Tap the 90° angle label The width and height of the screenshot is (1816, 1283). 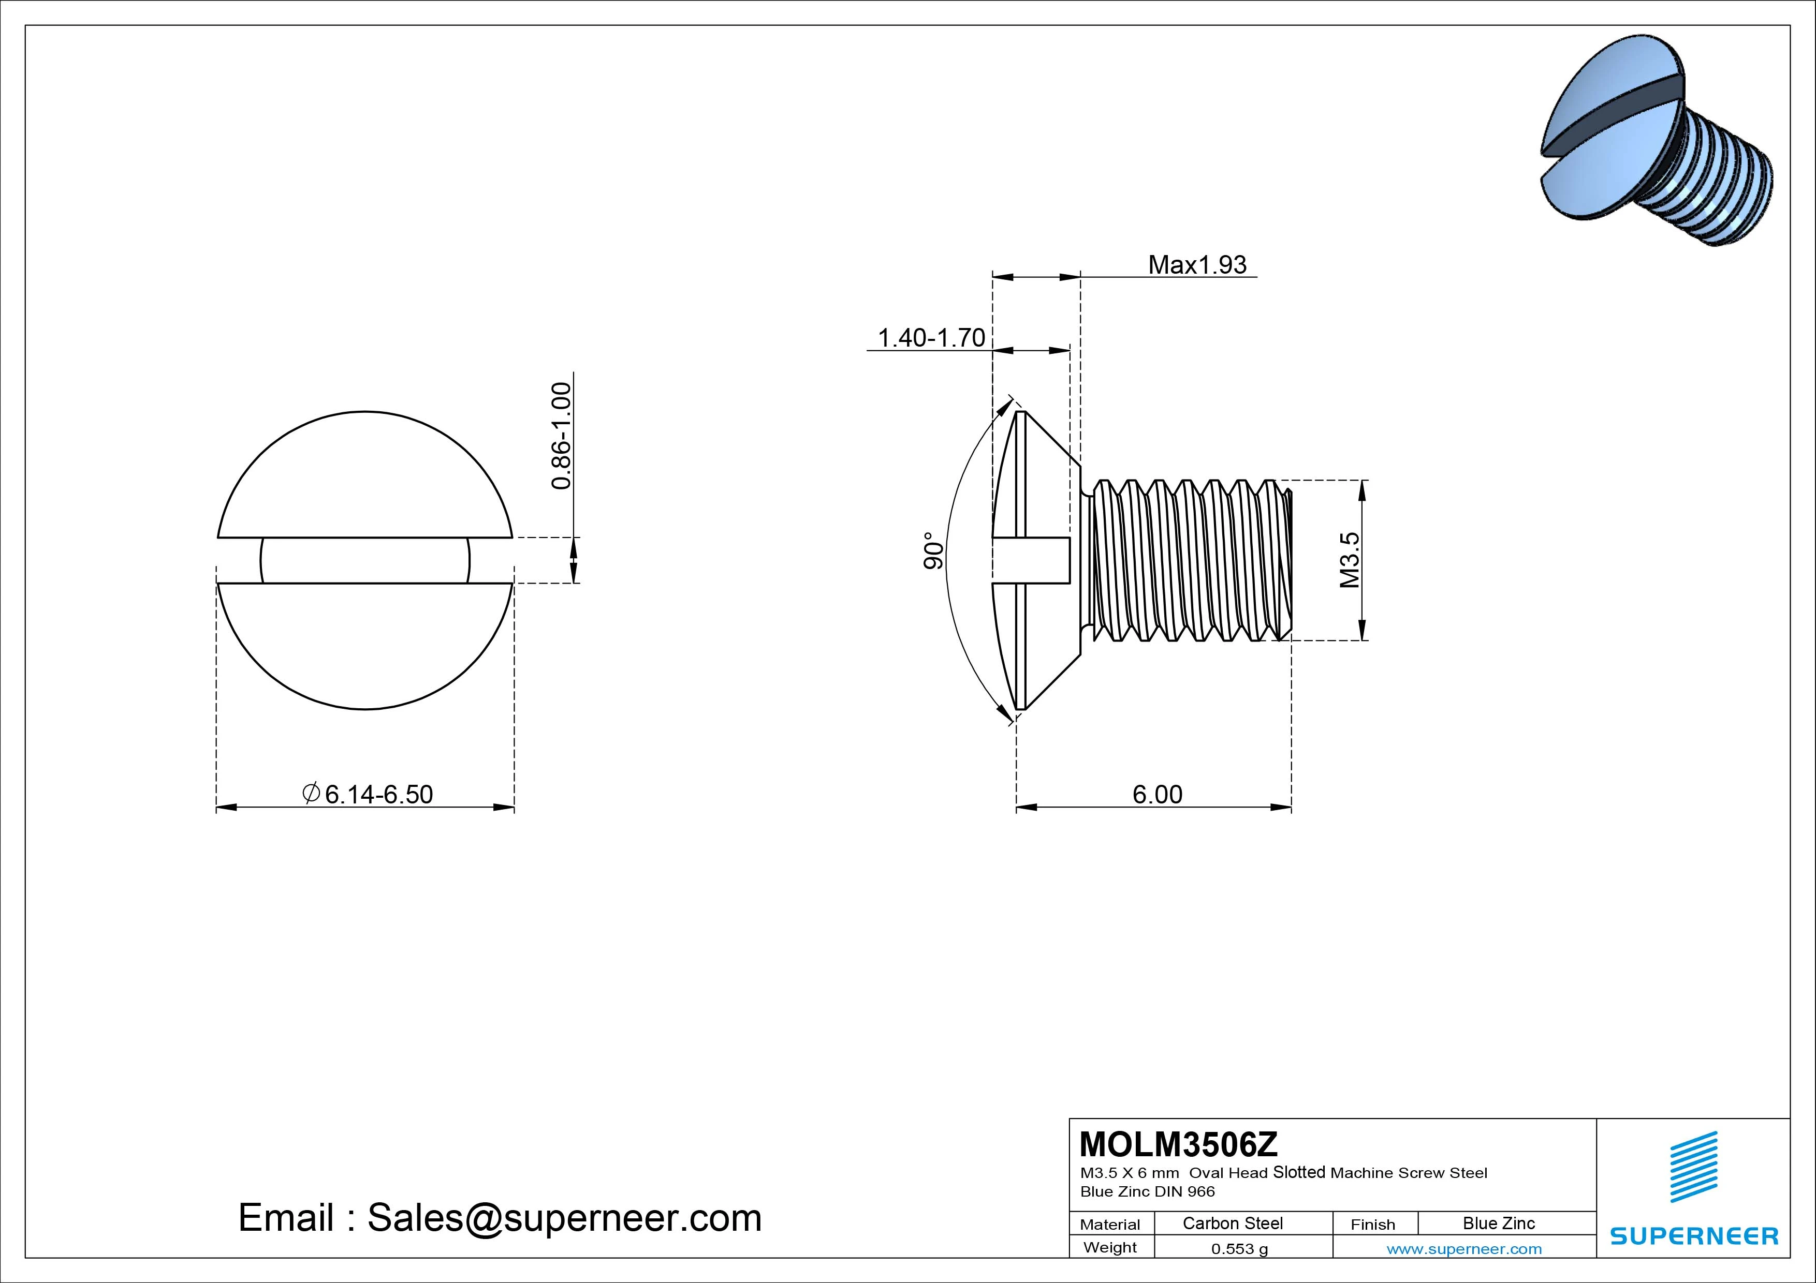pos(933,551)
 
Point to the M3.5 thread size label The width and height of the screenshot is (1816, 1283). pos(1350,560)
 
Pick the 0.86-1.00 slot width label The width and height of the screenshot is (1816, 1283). pos(561,436)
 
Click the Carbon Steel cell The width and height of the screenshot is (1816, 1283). pos(1232,1223)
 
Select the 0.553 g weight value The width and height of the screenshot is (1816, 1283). pos(1239,1249)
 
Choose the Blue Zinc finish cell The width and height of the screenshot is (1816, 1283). pos(1498,1223)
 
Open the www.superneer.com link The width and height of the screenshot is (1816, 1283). pos(1464,1249)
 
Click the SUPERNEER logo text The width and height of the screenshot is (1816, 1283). pos(1693,1235)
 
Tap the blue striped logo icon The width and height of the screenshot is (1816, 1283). pos(1693,1167)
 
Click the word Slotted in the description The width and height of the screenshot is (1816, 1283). pos(1299,1172)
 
